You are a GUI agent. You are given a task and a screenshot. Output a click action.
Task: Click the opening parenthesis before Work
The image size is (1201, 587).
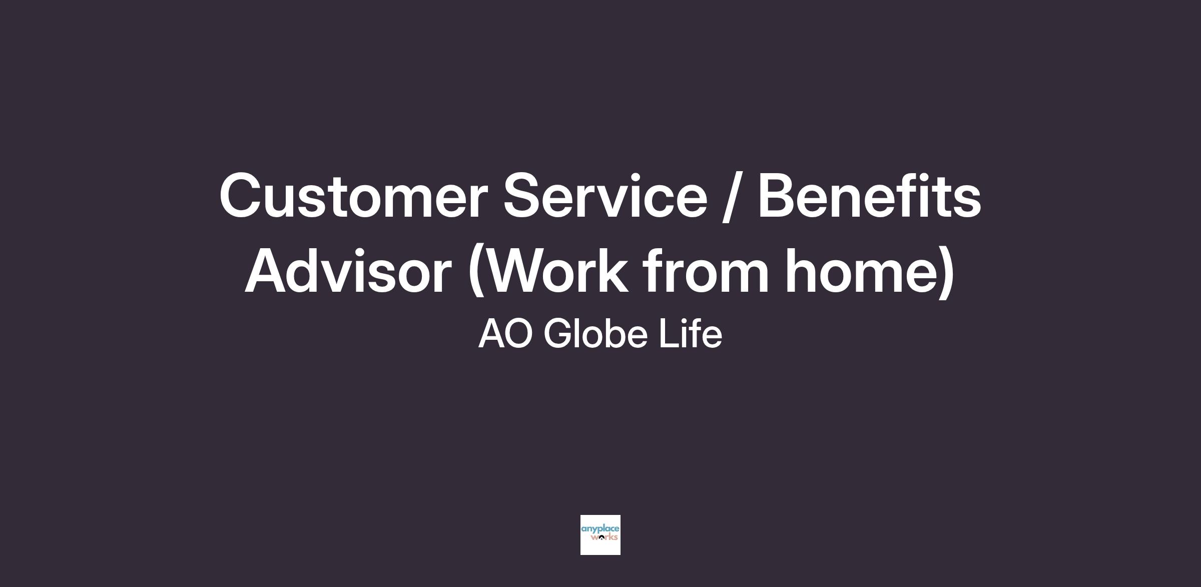tap(475, 273)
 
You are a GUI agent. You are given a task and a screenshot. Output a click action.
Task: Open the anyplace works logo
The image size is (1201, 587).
tap(600, 535)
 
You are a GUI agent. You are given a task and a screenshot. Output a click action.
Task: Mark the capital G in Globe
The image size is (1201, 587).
tap(558, 334)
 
